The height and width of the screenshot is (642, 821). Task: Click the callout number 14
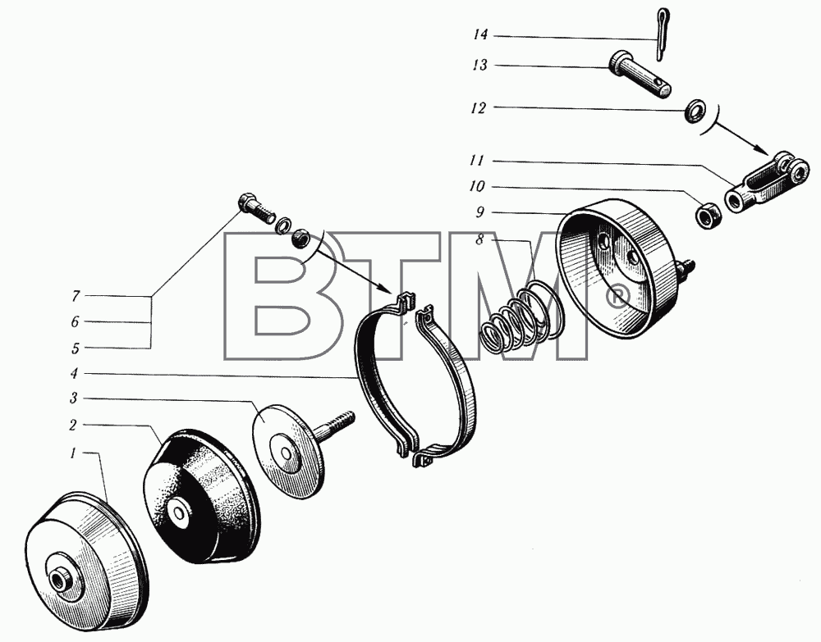480,35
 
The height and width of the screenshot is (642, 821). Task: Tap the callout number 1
73,453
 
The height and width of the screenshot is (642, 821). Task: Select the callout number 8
479,240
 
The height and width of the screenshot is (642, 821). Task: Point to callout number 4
75,373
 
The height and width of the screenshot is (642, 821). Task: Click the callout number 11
477,160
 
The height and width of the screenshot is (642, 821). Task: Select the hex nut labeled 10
708,214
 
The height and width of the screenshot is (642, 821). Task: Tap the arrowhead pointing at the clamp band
387,288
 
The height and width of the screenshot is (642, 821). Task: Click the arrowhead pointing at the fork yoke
763,148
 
